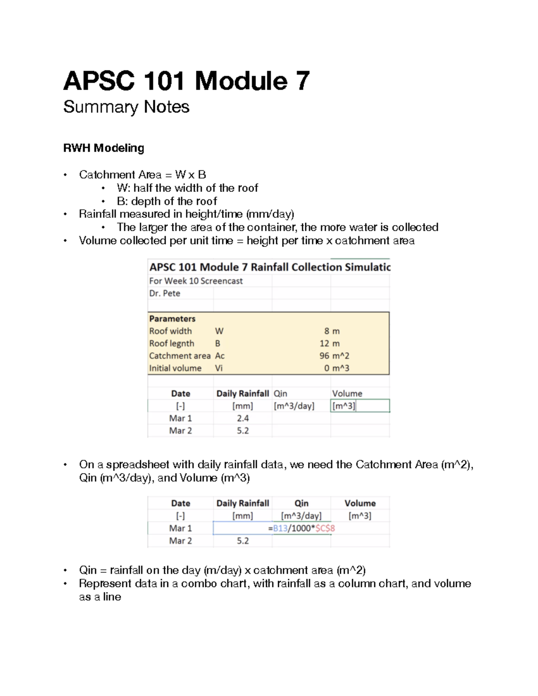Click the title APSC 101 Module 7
[186, 81]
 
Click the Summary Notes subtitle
[126, 107]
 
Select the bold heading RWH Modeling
[104, 148]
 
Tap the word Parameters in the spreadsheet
[172, 319]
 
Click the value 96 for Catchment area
[324, 356]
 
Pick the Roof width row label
[170, 331]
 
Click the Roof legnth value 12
[324, 344]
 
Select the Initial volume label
[175, 368]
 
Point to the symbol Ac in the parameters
[220, 356]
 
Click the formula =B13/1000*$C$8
[301, 528]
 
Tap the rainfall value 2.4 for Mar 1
[243, 418]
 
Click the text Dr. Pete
[165, 294]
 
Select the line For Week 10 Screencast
[196, 281]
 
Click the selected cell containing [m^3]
[344, 406]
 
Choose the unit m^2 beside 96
[340, 356]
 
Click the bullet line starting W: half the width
[187, 188]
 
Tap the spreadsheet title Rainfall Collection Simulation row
[269, 267]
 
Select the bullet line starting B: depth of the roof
[167, 201]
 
